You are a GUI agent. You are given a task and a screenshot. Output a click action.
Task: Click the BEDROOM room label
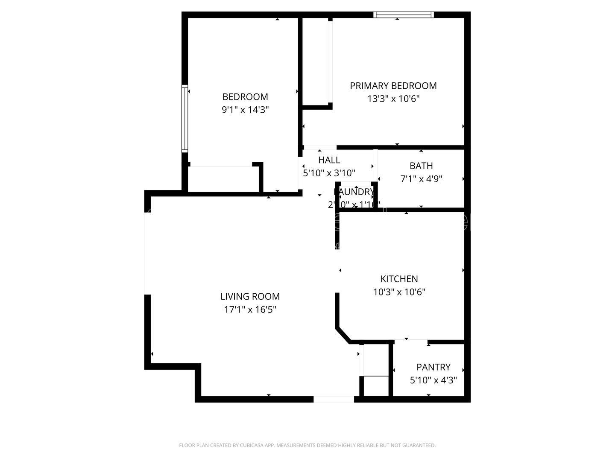pyautogui.click(x=245, y=97)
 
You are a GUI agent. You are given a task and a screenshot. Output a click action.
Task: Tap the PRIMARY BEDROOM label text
pyautogui.click(x=393, y=86)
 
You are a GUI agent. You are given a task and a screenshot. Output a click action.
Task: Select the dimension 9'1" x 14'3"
pyautogui.click(x=245, y=110)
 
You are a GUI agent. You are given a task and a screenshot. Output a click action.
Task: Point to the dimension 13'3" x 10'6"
pyautogui.click(x=393, y=99)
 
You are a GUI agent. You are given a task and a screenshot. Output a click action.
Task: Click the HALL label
pyautogui.click(x=329, y=160)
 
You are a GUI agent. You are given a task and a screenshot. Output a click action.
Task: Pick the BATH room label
pyautogui.click(x=421, y=166)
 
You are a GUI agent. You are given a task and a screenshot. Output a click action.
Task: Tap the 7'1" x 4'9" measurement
pyautogui.click(x=421, y=179)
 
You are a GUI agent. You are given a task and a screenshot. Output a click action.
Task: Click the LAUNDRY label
pyautogui.click(x=354, y=192)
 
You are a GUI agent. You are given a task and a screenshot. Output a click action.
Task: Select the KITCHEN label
pyautogui.click(x=399, y=279)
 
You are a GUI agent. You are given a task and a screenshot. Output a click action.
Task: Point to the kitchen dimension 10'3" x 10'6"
pyautogui.click(x=399, y=292)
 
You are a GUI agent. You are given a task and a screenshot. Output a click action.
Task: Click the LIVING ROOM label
pyautogui.click(x=250, y=296)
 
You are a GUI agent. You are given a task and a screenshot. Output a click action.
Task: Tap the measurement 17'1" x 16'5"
pyautogui.click(x=250, y=310)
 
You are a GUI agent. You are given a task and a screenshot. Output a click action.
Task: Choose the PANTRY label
pyautogui.click(x=433, y=367)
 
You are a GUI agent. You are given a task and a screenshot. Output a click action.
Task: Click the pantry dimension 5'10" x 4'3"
pyautogui.click(x=433, y=380)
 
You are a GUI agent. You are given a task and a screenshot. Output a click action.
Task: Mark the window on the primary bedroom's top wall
pyautogui.click(x=404, y=15)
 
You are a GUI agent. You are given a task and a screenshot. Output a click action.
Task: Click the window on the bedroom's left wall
pyautogui.click(x=184, y=119)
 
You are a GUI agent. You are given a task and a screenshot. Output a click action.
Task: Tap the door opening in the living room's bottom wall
pyautogui.click(x=334, y=400)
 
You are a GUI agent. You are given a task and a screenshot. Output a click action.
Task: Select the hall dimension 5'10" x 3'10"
pyautogui.click(x=329, y=173)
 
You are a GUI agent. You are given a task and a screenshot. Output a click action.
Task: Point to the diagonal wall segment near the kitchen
pyautogui.click(x=343, y=335)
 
